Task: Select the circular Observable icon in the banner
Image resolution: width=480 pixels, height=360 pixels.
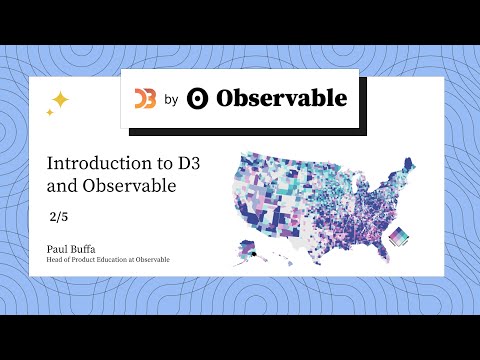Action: (x=199, y=98)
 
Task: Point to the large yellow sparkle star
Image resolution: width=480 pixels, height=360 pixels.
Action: (x=59, y=99)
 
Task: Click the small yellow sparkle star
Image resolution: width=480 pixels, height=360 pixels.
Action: (x=49, y=112)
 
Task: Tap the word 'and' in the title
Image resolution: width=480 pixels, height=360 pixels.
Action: (x=61, y=185)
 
